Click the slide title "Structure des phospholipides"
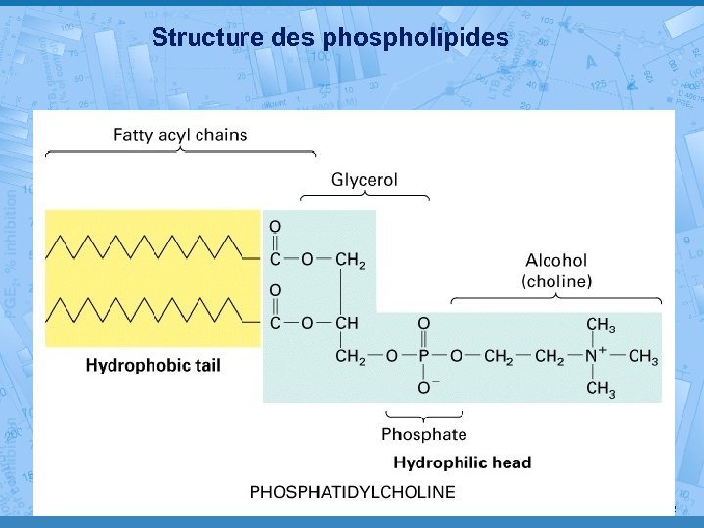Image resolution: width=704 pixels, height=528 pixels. coord(330,38)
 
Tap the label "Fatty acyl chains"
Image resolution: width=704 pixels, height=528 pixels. coord(181,134)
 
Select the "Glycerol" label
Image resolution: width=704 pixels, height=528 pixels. coord(365,179)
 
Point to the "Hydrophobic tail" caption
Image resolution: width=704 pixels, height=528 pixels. coord(154,366)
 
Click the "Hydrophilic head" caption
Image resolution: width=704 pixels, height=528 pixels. coord(462,462)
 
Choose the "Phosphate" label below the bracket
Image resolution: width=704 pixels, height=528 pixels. coord(423,434)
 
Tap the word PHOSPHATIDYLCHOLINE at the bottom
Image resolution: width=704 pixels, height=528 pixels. coord(353,491)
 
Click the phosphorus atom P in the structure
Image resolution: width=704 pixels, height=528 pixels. coord(424,357)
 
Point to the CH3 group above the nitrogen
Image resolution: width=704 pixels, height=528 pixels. coord(600,325)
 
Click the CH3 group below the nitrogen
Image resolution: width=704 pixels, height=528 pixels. coord(600,390)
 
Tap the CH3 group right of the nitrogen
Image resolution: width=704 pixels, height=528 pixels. coord(643,357)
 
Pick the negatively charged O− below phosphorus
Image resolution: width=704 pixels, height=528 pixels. coord(426,389)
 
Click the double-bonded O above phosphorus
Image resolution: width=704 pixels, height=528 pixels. coord(424,325)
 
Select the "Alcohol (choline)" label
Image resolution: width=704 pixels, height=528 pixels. coord(556,271)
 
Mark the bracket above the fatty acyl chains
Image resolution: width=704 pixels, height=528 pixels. coord(181,153)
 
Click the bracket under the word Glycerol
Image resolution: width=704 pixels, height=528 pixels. coord(365,196)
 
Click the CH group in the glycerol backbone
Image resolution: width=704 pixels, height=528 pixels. coord(347,324)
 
